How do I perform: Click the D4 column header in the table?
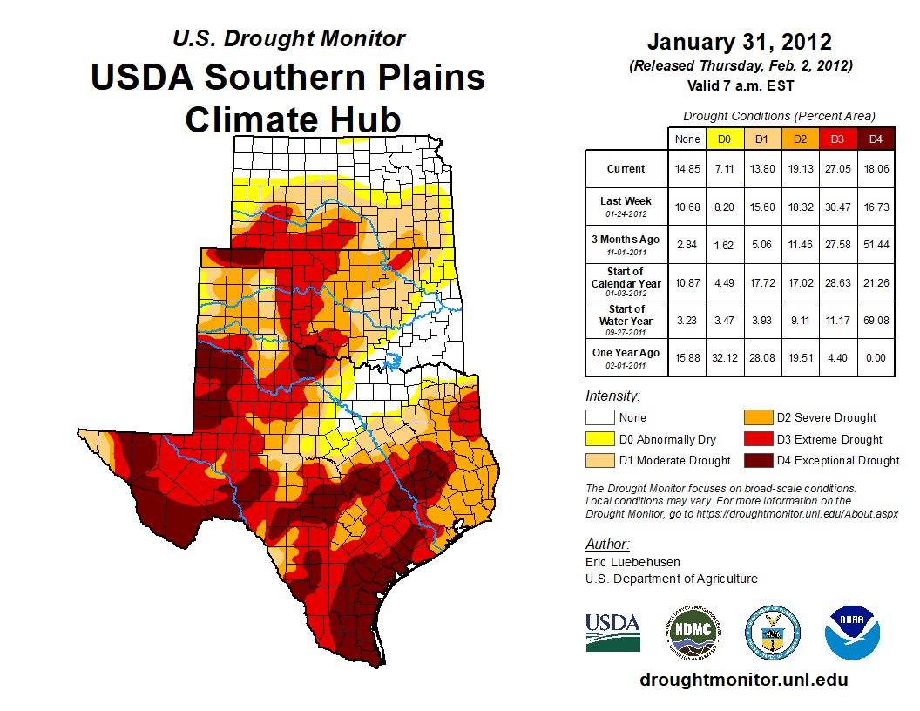[x=876, y=139]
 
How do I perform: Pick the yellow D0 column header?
[x=724, y=139]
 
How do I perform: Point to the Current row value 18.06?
[x=876, y=169]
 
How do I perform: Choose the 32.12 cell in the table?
[x=724, y=353]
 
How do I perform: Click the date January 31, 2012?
[x=740, y=42]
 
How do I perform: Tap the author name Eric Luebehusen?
[x=632, y=562]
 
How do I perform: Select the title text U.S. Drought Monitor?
[x=288, y=38]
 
